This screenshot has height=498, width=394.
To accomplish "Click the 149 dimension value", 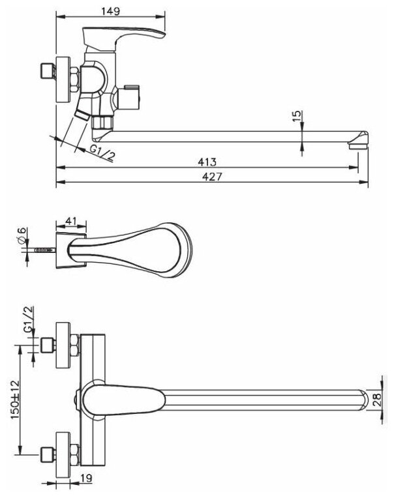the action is tap(109, 10).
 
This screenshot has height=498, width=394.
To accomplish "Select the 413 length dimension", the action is tap(207, 161).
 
